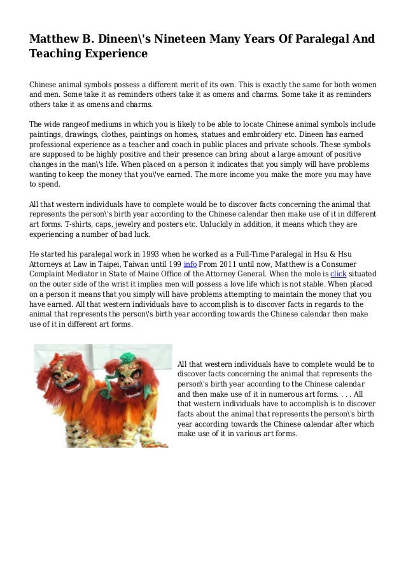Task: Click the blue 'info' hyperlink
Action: (x=189, y=264)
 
